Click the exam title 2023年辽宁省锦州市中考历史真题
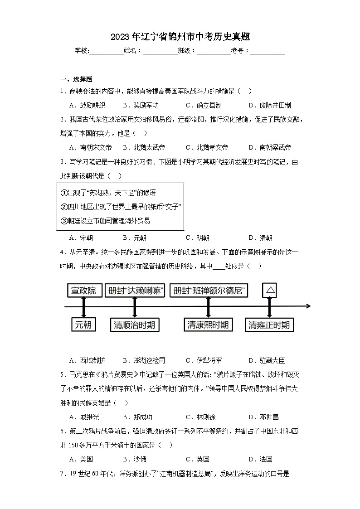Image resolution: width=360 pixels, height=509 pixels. click(180, 36)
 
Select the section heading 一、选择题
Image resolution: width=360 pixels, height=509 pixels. click(76, 79)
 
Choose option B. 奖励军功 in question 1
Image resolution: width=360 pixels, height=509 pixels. click(141, 105)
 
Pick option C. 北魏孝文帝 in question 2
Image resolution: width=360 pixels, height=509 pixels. click(207, 147)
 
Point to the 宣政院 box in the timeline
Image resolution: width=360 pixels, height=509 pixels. click(84, 291)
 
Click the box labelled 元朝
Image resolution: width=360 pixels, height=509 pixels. click(83, 325)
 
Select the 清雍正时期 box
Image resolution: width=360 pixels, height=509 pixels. click(269, 325)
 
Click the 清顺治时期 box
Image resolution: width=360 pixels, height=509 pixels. click(135, 325)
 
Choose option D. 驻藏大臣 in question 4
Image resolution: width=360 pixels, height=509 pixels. click(267, 360)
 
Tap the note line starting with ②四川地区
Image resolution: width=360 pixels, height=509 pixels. click(121, 207)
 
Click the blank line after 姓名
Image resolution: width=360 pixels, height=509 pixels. click(160, 51)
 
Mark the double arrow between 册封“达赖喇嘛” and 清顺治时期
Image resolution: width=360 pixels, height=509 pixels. click(135, 307)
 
